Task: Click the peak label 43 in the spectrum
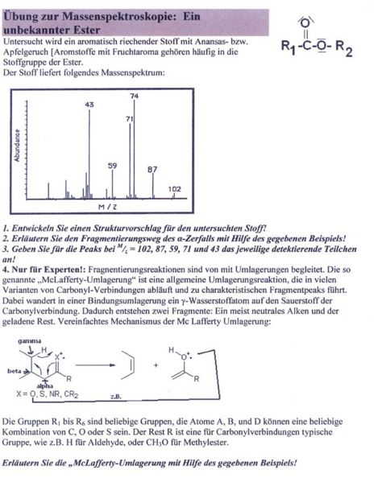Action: coord(89,105)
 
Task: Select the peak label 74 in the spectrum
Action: coord(135,95)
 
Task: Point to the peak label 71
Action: coord(128,118)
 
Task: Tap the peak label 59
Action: coord(112,165)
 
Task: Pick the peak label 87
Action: coord(152,170)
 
